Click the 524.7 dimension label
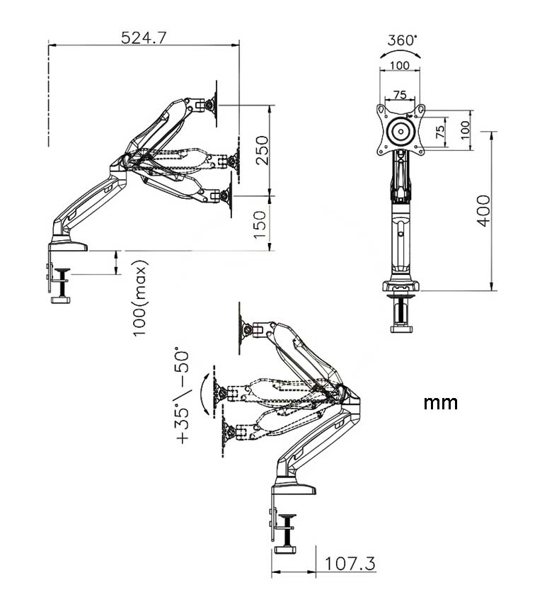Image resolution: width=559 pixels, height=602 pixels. coord(144,38)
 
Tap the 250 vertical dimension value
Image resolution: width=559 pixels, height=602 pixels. coord(262,150)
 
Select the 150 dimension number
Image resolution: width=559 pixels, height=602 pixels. coord(260,225)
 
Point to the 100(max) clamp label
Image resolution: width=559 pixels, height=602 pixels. coord(139,298)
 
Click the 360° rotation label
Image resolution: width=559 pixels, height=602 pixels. coord(401,40)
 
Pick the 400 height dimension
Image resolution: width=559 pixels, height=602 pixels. coord(483,211)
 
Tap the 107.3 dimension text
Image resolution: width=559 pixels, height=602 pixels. coord(350,564)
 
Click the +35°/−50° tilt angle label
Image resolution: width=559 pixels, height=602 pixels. coord(183,396)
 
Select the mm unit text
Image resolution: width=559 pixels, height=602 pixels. coord(440,403)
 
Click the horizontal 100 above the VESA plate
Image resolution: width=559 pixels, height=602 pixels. coord(400,65)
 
